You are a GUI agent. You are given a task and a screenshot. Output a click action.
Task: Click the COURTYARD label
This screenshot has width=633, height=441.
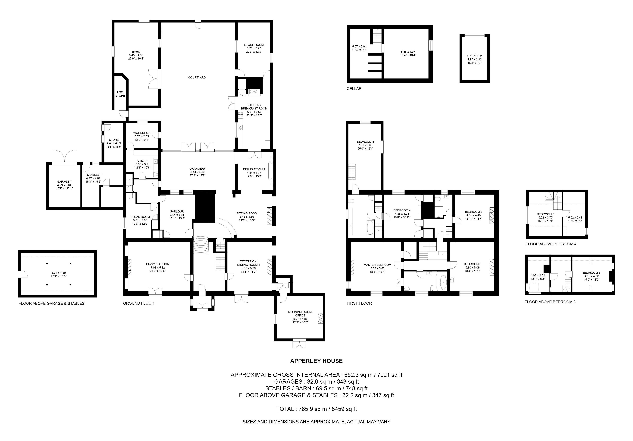point(197,77)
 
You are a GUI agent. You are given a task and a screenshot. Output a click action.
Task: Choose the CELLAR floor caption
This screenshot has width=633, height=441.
point(354,88)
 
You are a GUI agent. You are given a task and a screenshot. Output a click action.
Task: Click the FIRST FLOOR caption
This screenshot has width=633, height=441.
point(359,303)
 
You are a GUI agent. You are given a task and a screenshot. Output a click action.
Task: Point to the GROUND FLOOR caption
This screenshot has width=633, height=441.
point(138,303)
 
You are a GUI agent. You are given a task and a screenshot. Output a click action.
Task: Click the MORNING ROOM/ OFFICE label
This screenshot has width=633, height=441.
point(300,314)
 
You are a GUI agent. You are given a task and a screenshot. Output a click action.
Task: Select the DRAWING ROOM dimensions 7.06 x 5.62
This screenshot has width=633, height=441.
point(158,267)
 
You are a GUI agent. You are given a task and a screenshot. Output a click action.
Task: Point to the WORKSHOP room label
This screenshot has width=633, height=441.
point(142,133)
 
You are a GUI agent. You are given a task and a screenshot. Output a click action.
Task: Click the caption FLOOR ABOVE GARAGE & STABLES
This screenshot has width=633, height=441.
point(52,303)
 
